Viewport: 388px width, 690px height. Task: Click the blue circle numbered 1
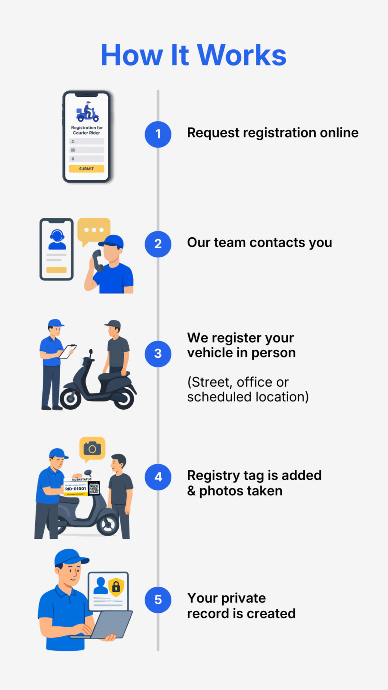click(158, 134)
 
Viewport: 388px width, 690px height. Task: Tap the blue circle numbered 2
click(158, 244)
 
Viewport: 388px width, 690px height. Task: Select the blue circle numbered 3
click(158, 354)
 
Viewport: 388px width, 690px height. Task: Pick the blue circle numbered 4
click(158, 477)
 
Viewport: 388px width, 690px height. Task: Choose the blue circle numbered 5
click(158, 600)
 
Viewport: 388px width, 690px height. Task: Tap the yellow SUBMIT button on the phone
click(86, 168)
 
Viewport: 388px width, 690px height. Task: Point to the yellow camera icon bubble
click(92, 448)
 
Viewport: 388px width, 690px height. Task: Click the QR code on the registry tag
click(94, 489)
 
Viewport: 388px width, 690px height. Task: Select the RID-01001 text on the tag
click(76, 489)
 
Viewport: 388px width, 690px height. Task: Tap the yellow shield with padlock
click(116, 587)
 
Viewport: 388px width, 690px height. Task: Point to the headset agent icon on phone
click(57, 239)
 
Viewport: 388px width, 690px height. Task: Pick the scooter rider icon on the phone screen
click(87, 112)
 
